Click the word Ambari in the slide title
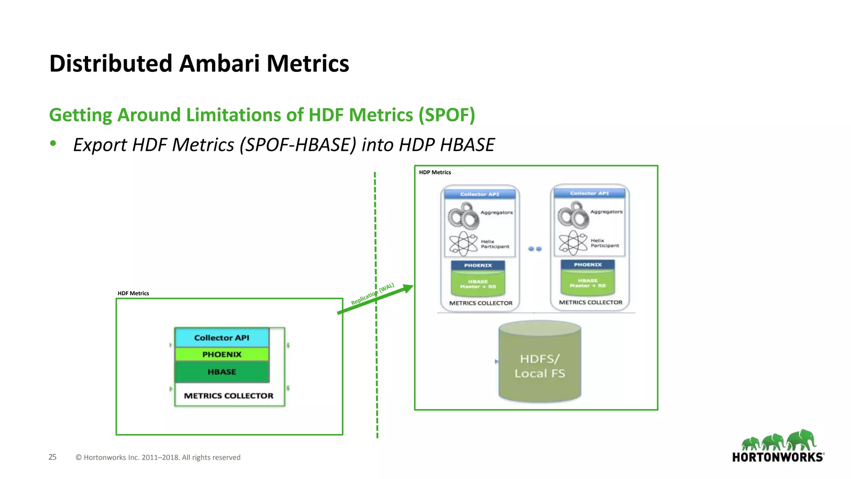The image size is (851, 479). coord(219,64)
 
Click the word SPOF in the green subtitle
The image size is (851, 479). coord(446,115)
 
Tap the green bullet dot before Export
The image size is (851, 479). coord(53,143)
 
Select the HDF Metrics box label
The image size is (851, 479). coord(133,293)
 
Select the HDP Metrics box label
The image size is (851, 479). coord(435,172)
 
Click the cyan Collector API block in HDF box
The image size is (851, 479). coord(221,338)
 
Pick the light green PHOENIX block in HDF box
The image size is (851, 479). coord(221,354)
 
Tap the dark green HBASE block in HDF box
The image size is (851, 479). coord(221,372)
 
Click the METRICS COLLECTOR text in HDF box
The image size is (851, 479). coord(229,396)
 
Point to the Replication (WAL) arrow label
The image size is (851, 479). coord(372,294)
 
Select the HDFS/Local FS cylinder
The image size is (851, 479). coord(539,362)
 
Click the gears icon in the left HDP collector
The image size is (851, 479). coord(463,216)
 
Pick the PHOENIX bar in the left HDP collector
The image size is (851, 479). coord(478,265)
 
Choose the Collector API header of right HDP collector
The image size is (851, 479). coord(589,193)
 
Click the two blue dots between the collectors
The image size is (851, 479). coord(535,249)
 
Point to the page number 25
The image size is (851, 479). coord(52,457)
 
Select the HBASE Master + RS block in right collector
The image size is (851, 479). coord(588,283)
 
